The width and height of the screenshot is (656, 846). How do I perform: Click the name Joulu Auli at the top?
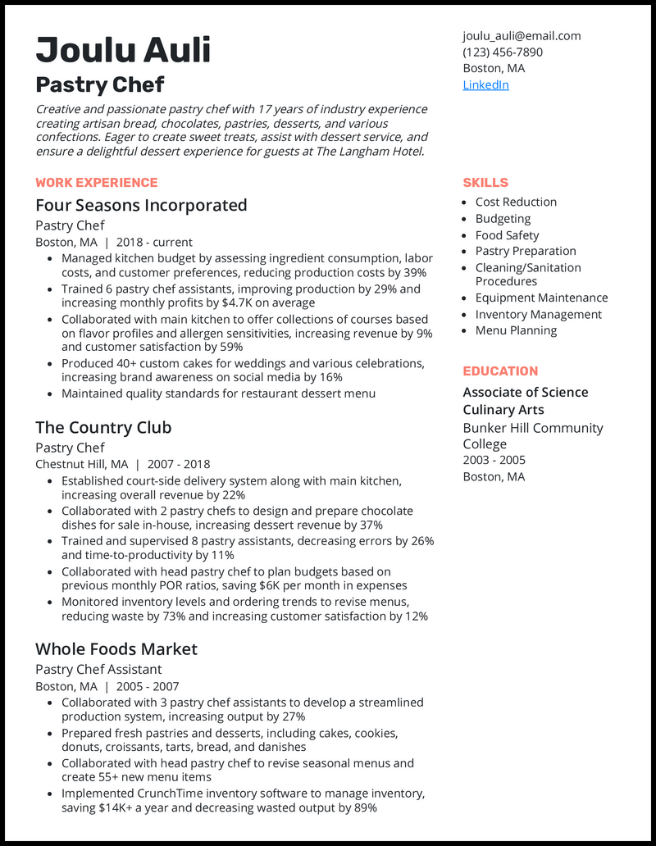pyautogui.click(x=123, y=50)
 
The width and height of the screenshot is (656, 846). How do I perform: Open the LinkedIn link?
pyautogui.click(x=485, y=84)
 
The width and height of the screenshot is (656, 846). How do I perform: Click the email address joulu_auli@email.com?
pyautogui.click(x=522, y=35)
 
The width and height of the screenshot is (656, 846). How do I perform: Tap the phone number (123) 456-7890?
pyautogui.click(x=503, y=52)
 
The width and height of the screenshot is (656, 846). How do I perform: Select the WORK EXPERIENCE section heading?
pyautogui.click(x=97, y=182)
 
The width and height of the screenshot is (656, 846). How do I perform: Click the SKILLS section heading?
pyautogui.click(x=485, y=182)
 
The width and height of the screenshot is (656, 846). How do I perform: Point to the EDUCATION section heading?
pyautogui.click(x=500, y=371)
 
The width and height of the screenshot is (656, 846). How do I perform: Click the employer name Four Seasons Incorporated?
pyautogui.click(x=141, y=205)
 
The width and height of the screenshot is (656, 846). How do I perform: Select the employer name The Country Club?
pyautogui.click(x=103, y=427)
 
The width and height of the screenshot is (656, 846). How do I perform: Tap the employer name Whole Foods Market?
pyautogui.click(x=116, y=648)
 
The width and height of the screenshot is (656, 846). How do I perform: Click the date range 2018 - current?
pyautogui.click(x=154, y=242)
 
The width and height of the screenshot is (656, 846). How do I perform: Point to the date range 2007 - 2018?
pyautogui.click(x=179, y=464)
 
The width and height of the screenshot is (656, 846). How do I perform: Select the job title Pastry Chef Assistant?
pyautogui.click(x=98, y=669)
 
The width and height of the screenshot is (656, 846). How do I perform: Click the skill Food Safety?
pyautogui.click(x=507, y=234)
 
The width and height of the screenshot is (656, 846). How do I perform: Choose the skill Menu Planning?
pyautogui.click(x=516, y=330)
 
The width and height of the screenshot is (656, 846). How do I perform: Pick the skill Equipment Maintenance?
pyautogui.click(x=541, y=298)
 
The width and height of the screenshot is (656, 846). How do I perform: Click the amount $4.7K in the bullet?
pyautogui.click(x=238, y=302)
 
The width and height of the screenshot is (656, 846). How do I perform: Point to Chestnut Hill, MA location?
pyautogui.click(x=81, y=464)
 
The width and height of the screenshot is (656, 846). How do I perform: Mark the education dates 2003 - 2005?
pyautogui.click(x=494, y=460)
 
